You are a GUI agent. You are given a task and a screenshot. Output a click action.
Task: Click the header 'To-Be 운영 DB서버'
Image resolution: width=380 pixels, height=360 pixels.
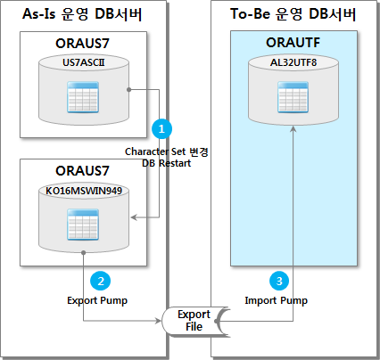[x=291, y=14]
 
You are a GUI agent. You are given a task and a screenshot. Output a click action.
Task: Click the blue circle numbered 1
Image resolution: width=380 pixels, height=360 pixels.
[x=161, y=128]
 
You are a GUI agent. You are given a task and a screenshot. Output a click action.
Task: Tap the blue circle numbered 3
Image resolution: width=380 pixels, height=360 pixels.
[x=281, y=281]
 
